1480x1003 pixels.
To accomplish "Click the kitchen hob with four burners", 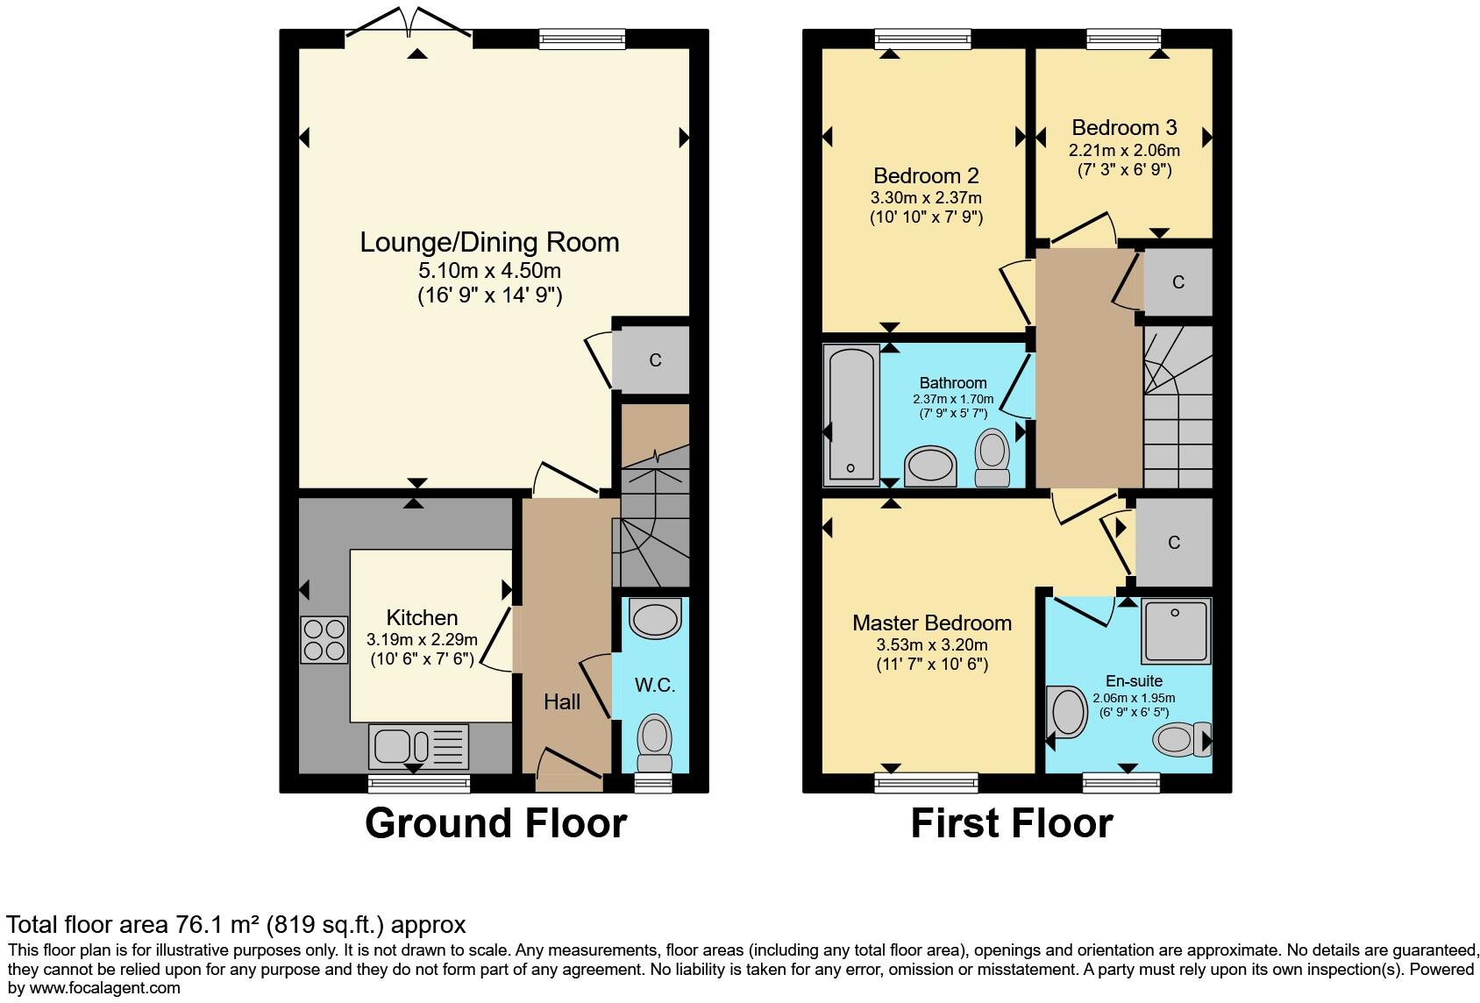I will pyautogui.click(x=324, y=640).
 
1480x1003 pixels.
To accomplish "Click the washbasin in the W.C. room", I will pyautogui.click(x=655, y=620).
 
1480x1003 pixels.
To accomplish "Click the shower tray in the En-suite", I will pyautogui.click(x=1176, y=631).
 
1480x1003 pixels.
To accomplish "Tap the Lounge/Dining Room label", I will pyautogui.click(x=489, y=242).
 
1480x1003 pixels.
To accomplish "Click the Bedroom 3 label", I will pyautogui.click(x=1124, y=128).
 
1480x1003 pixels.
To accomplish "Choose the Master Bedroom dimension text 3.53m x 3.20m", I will pyautogui.click(x=932, y=645).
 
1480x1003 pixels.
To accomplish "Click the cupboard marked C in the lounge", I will pyautogui.click(x=654, y=359).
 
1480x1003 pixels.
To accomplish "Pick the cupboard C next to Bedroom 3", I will pyautogui.click(x=1178, y=282).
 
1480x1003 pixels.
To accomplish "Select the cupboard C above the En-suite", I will pyautogui.click(x=1174, y=543).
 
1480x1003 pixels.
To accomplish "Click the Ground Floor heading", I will pyautogui.click(x=495, y=823).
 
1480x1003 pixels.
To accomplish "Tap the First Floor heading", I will pyautogui.click(x=1011, y=823).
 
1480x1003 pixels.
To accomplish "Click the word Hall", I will pyautogui.click(x=562, y=701).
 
